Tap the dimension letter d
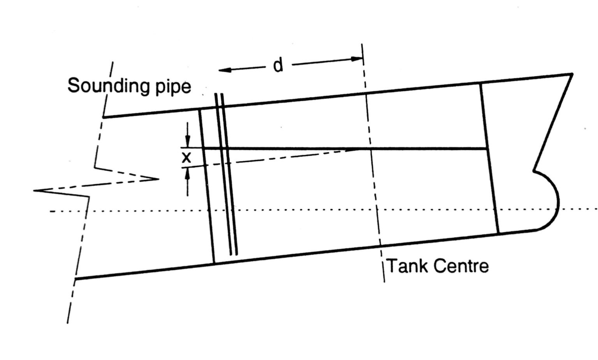pyautogui.click(x=278, y=65)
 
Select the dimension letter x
pyautogui.click(x=187, y=158)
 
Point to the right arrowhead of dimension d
pyautogui.click(x=357, y=59)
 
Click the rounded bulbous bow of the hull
pyautogui.click(x=549, y=202)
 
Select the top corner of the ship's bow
pyautogui.click(x=572, y=74)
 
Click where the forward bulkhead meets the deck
pyautogui.click(x=480, y=83)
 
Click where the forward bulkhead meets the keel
pyautogui.click(x=499, y=234)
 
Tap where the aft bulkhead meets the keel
pyautogui.click(x=215, y=263)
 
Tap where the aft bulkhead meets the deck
pyautogui.click(x=199, y=110)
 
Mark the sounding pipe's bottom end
pyautogui.click(x=234, y=255)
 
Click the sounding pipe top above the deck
pyautogui.click(x=219, y=94)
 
